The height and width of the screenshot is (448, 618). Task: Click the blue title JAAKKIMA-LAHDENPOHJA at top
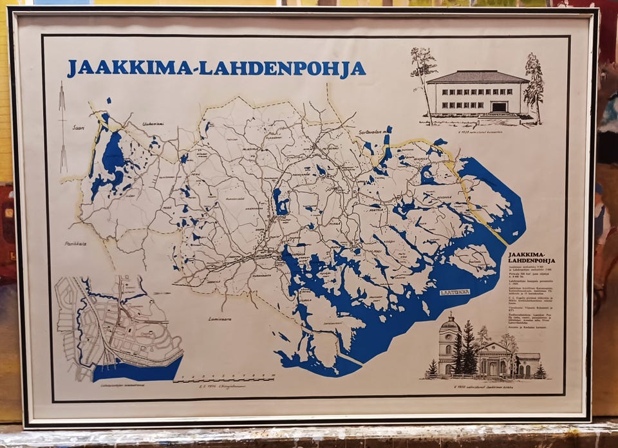(x=216, y=68)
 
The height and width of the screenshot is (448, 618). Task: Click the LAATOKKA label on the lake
(x=454, y=292)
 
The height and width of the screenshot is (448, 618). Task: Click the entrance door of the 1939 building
(x=499, y=107)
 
